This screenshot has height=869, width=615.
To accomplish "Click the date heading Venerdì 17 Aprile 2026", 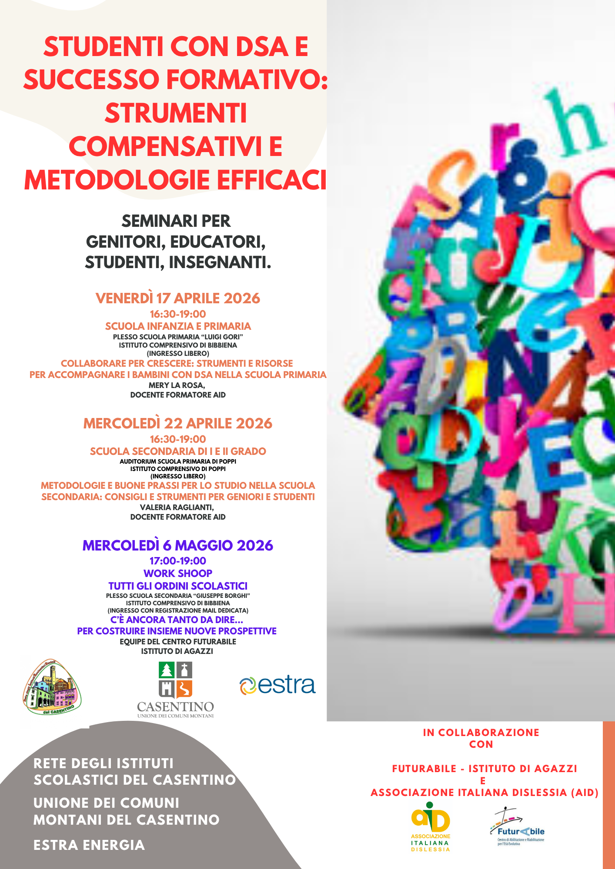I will (177, 299).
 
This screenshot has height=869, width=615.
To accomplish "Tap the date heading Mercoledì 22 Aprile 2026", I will (177, 424).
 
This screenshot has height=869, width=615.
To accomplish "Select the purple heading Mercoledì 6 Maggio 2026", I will (177, 546).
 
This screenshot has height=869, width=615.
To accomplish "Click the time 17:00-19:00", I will (177, 561).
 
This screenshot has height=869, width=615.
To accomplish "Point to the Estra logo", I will (277, 685).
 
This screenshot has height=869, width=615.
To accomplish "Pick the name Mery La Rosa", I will (177, 385).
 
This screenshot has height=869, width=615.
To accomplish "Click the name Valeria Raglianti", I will (177, 507).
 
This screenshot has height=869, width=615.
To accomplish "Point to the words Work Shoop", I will (177, 574).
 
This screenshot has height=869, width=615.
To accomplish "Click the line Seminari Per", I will (176, 221).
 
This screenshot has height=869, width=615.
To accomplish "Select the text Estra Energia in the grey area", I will (89, 845).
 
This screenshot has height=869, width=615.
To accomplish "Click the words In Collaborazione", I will (481, 733).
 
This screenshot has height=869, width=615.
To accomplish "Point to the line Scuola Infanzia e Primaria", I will (177, 326).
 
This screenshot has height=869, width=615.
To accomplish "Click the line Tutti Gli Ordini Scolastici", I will (177, 586).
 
